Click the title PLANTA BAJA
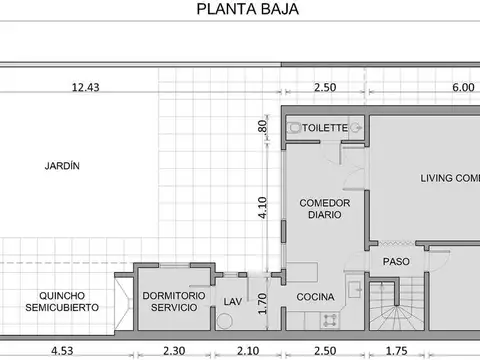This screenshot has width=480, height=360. point(246,11)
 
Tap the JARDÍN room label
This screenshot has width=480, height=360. point(62,166)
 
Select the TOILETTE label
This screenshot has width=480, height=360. point(326,128)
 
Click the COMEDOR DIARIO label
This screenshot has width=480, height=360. point(325,208)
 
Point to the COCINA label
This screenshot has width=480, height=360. point(315,297)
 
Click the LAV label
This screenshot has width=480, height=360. point(233,301)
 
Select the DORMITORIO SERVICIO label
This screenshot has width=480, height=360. point(175,301)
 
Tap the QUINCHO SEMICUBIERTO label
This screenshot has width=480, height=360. point(62,301)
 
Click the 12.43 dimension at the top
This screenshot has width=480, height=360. point(85,88)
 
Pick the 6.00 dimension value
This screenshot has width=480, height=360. point(462,88)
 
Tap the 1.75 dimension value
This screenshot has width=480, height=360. point(397,350)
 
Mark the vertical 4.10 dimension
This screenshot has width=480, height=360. point(263,207)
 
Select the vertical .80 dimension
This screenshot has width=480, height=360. point(263,127)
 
